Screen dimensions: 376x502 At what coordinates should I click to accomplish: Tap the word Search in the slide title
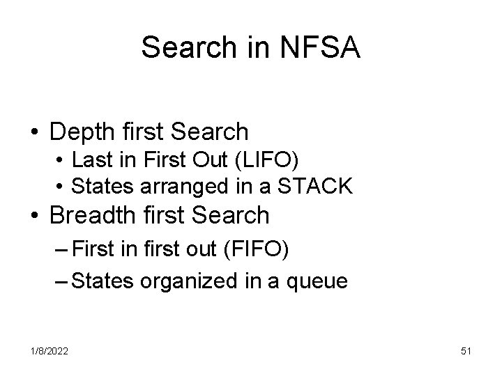click(184, 47)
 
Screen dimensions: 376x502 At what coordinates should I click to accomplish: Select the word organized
click(183, 282)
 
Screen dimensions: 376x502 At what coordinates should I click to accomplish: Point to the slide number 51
click(466, 352)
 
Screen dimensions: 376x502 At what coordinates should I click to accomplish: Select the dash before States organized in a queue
click(61, 281)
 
